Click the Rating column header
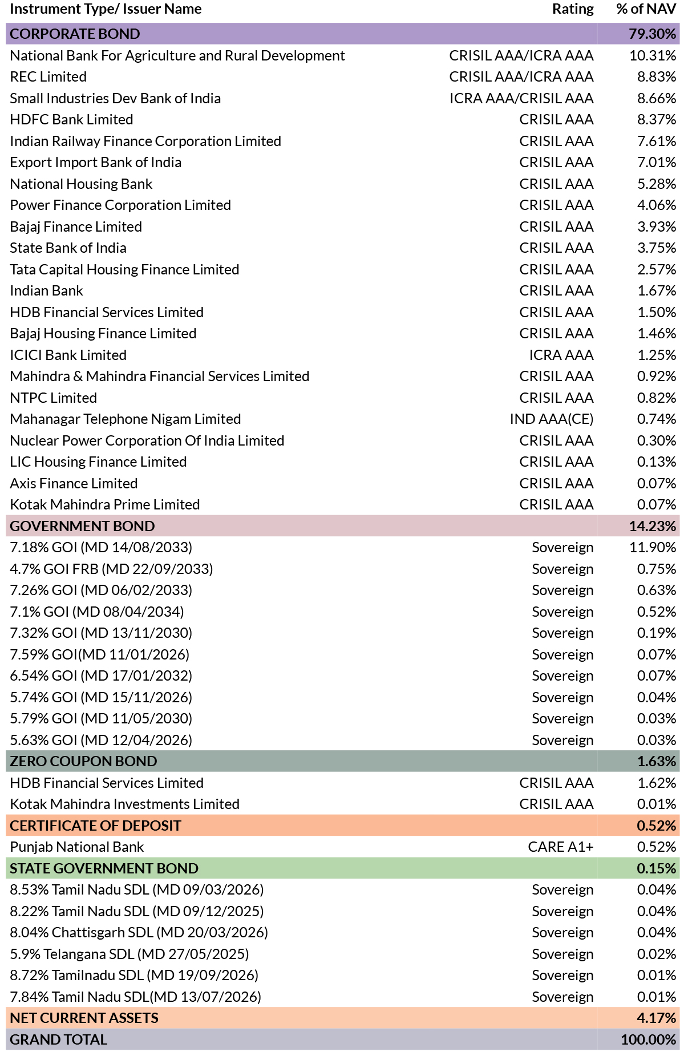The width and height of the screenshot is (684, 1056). (x=573, y=9)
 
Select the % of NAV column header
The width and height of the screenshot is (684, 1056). (x=646, y=9)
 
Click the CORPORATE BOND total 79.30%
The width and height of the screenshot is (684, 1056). (x=652, y=34)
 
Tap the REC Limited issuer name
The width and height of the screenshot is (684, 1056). (x=48, y=76)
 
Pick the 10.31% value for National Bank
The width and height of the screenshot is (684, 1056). (x=653, y=55)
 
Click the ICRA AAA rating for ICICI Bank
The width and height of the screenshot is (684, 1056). (x=561, y=355)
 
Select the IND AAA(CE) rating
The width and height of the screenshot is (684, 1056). (x=552, y=419)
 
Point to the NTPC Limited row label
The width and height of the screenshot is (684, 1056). (x=54, y=398)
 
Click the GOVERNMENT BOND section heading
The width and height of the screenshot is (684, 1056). (x=82, y=526)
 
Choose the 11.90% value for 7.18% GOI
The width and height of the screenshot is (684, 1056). (x=653, y=547)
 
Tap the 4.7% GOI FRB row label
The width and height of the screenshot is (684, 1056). (x=111, y=569)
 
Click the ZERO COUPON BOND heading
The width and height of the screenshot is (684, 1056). (x=83, y=761)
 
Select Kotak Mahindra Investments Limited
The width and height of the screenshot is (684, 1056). (x=124, y=804)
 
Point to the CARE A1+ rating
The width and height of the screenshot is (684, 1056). (x=561, y=847)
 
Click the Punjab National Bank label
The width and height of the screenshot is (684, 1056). (x=77, y=847)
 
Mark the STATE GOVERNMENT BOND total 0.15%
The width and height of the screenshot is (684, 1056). (x=657, y=868)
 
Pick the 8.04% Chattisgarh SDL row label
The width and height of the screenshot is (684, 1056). (x=139, y=932)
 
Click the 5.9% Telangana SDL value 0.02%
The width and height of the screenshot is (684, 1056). (x=657, y=954)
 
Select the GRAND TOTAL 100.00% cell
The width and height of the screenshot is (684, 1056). (x=649, y=1039)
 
